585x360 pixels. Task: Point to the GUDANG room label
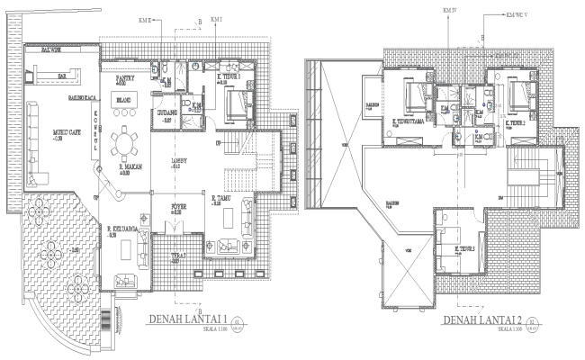[166, 114]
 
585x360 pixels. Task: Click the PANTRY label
[125, 79]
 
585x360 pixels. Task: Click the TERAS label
[179, 256]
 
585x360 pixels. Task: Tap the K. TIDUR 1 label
[228, 77]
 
